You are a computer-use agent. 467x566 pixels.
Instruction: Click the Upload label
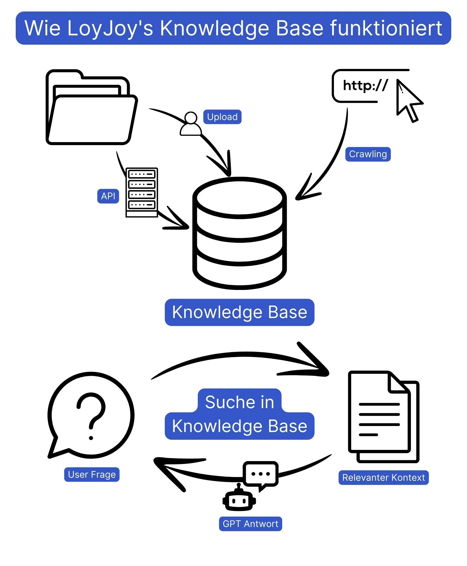click(222, 117)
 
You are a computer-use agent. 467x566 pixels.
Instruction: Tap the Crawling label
click(368, 154)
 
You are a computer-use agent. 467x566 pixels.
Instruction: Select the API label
click(108, 196)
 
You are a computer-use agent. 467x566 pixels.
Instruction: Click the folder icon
click(91, 109)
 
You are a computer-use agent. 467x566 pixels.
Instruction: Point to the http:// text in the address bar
click(365, 86)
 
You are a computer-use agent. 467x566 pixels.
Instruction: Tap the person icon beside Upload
click(191, 124)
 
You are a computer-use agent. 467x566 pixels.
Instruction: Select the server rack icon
click(142, 192)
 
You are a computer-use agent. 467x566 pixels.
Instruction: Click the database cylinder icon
click(240, 233)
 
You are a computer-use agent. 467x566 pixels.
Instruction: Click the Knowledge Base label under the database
click(240, 312)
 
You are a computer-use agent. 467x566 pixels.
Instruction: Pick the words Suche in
click(240, 402)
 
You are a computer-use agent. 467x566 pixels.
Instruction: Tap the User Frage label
click(92, 475)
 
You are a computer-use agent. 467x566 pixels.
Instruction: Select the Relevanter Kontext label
click(384, 478)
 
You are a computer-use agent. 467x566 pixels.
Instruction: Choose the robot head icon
click(239, 500)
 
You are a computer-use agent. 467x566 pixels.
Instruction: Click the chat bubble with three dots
click(260, 474)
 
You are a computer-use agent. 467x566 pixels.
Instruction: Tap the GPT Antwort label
click(250, 524)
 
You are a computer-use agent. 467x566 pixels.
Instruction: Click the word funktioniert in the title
click(386, 28)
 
